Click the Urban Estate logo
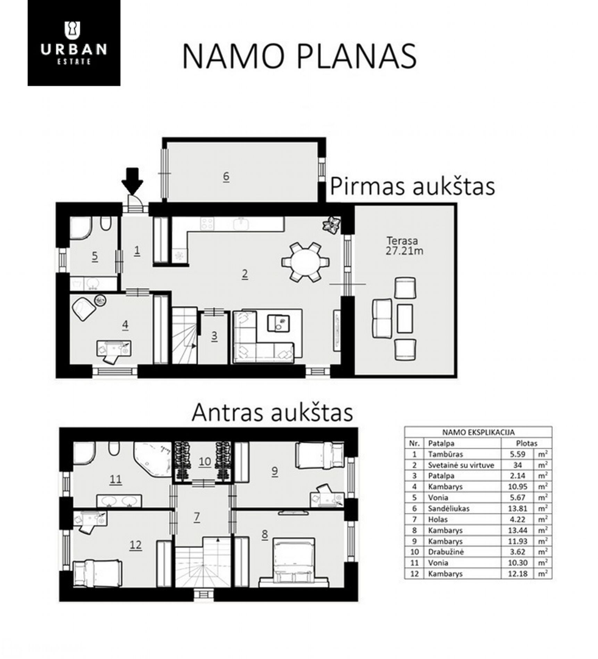(74, 43)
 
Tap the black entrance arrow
(132, 181)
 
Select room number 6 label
(226, 176)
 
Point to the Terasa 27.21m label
(404, 246)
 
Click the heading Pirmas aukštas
(412, 187)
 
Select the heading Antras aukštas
(272, 412)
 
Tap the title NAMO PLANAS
(299, 56)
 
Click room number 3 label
(214, 336)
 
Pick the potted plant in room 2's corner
(331, 225)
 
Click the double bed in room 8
(294, 562)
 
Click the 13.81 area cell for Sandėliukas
(517, 508)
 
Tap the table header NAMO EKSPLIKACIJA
(478, 432)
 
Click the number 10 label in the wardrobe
(205, 461)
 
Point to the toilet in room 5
(105, 224)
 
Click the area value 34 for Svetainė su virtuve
(517, 465)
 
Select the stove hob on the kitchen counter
(207, 224)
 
